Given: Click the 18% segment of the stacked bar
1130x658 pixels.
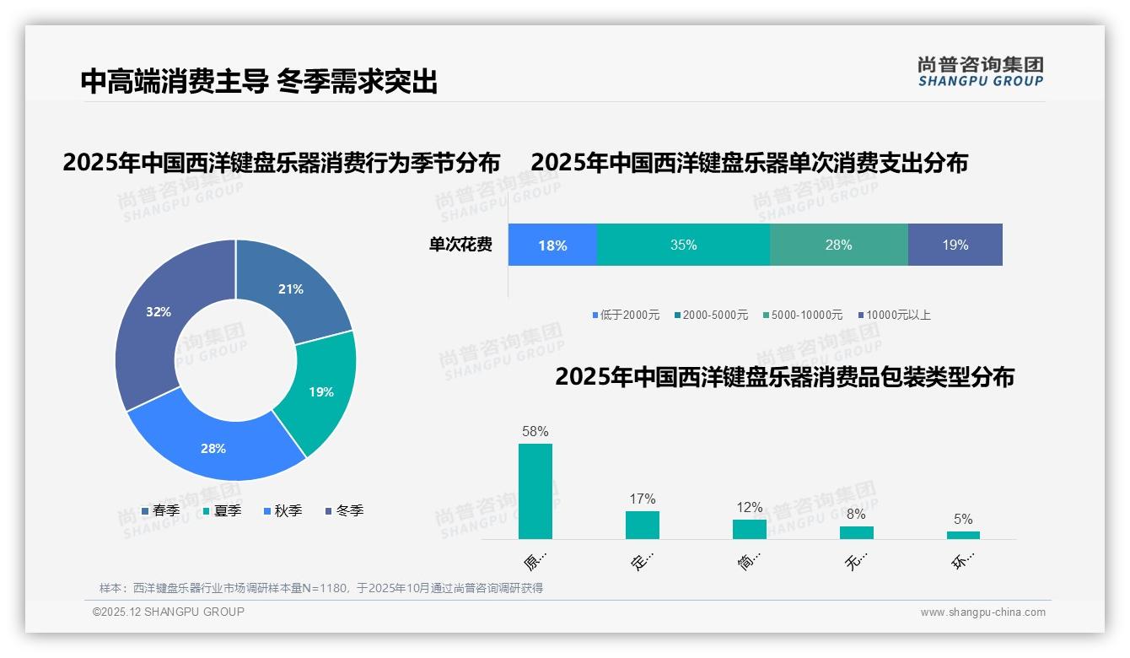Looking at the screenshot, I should point(552,245).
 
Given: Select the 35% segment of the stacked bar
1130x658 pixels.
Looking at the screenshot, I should point(683,245).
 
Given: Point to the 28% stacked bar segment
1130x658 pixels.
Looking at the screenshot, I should point(838,245).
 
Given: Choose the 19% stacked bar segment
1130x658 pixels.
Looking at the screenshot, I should point(955,245).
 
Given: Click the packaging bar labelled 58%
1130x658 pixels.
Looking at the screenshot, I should point(535,491).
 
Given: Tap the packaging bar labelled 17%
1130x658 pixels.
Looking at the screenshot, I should point(642,525).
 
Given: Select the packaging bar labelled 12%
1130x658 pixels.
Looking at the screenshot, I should point(749,529).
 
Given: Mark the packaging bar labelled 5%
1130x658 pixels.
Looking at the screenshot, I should point(963,535).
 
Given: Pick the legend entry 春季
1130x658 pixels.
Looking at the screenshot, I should point(160,510).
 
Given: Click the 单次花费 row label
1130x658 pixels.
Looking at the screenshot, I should point(460,245).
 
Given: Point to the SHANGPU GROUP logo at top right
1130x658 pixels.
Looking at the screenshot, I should point(980,72).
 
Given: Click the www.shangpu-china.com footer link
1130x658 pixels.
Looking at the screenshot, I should point(982,612).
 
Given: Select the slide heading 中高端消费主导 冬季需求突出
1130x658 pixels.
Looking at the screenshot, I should point(259,81).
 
